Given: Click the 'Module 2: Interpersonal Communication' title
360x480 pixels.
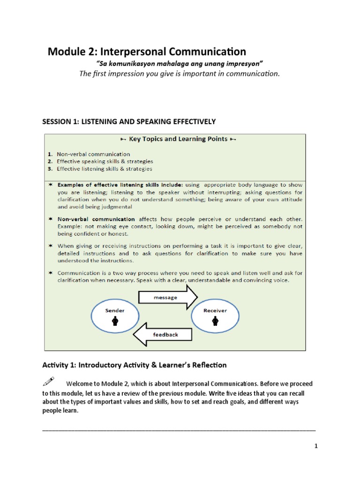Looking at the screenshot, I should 147,52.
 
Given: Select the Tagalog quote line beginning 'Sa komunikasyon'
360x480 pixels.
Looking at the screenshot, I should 179,63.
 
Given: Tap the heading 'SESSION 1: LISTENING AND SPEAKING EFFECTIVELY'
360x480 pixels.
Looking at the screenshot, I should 129,121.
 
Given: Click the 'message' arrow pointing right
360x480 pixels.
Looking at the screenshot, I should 168,298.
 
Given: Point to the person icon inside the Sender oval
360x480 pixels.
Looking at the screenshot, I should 115,321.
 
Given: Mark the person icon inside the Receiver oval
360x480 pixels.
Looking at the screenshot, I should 215,321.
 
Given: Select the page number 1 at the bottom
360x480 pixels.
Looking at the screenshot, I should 316,446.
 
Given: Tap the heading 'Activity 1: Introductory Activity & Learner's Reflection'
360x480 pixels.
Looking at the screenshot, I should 135,365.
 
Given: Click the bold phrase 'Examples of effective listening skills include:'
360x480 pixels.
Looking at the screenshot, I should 120,185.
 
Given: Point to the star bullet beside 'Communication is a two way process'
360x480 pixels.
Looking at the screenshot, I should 49,273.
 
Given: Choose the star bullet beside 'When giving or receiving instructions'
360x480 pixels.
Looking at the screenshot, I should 49,246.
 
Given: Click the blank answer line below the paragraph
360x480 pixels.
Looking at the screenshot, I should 179,429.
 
